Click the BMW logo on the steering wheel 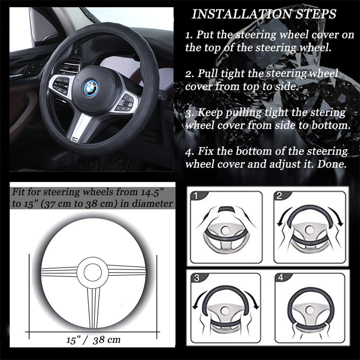pos(90,87)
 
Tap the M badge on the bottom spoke pos(74,139)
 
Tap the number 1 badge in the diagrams pos(196,196)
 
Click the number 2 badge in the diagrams pos(279,196)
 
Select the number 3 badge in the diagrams pos(197,278)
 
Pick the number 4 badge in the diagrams pos(280,278)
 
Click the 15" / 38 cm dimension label pos(93,340)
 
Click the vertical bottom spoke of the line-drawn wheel pos(93,307)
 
